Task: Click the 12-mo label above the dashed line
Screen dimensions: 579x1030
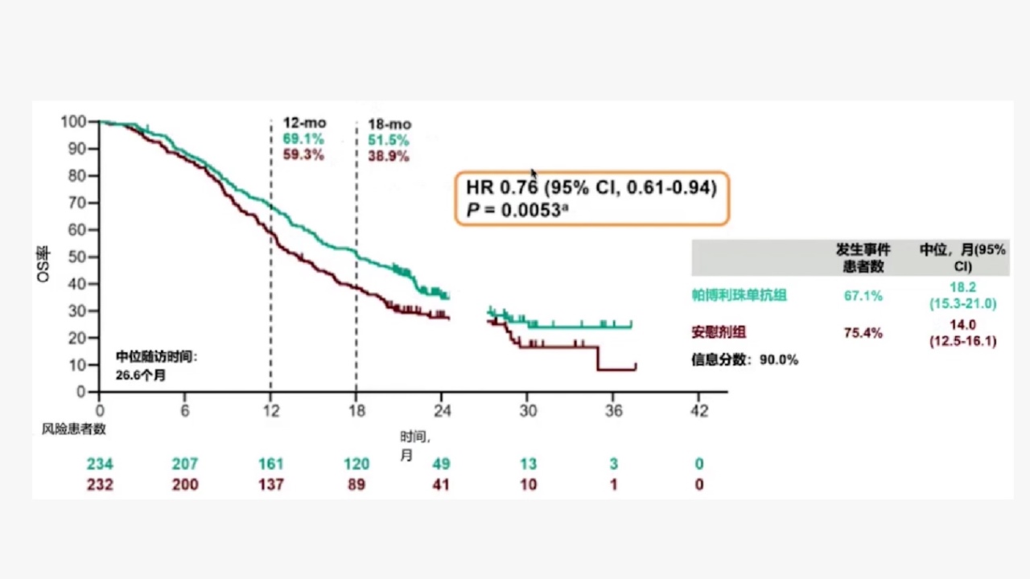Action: click(x=304, y=123)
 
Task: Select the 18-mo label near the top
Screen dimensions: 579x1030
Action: click(x=389, y=125)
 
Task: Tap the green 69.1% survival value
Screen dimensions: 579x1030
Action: click(x=303, y=139)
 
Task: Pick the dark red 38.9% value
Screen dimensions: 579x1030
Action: click(x=389, y=157)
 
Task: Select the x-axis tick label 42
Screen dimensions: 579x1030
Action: click(x=699, y=411)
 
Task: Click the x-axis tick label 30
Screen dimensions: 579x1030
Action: click(x=528, y=411)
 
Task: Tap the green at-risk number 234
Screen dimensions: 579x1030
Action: click(x=100, y=464)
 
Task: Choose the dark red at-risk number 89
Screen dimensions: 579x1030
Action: click(x=356, y=485)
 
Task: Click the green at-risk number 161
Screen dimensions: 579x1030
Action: click(x=271, y=464)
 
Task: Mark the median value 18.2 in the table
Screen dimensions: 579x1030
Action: click(x=962, y=288)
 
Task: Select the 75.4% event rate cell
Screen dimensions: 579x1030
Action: click(x=863, y=333)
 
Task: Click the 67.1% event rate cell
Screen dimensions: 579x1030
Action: click(x=863, y=296)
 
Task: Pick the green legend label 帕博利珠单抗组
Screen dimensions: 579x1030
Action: click(x=739, y=295)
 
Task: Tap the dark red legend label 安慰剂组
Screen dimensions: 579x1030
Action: click(x=723, y=332)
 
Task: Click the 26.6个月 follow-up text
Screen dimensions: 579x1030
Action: click(x=141, y=375)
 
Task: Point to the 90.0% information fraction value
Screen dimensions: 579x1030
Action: click(x=779, y=360)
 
